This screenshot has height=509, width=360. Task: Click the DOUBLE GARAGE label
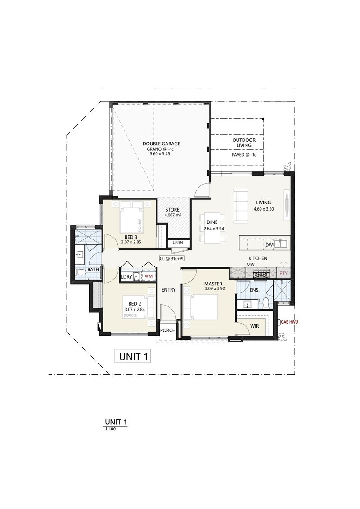[162, 143]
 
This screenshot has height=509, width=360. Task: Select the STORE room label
[172, 210]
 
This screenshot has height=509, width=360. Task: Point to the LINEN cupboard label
[177, 243]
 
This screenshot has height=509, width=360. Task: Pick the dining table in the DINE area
[211, 228]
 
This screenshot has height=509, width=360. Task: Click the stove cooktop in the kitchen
[261, 273]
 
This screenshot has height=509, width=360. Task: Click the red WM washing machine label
[148, 276]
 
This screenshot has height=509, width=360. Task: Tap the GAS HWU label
[289, 322]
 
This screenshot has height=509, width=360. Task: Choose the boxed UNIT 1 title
[133, 357]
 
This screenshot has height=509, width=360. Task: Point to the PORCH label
[168, 330]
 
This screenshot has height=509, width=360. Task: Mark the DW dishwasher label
[269, 245]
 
